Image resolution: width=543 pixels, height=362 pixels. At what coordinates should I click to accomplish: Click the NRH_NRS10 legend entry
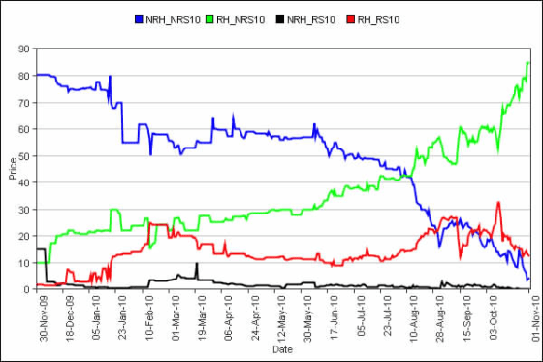click(176, 19)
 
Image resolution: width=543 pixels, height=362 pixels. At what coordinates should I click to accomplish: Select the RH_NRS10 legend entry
click(250, 19)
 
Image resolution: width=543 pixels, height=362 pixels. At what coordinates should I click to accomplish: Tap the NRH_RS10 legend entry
click(319, 19)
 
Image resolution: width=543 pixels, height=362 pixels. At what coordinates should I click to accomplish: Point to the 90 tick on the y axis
click(25, 49)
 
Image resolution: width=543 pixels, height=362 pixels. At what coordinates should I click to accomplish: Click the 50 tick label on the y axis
click(25, 155)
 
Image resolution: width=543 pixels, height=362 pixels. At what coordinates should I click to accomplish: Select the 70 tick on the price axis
click(25, 102)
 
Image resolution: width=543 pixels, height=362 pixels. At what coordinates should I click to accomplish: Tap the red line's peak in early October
click(497, 203)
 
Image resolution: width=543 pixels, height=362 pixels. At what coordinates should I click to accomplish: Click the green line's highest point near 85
click(527, 63)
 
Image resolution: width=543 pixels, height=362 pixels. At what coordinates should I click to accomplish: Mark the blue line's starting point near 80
click(36, 75)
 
